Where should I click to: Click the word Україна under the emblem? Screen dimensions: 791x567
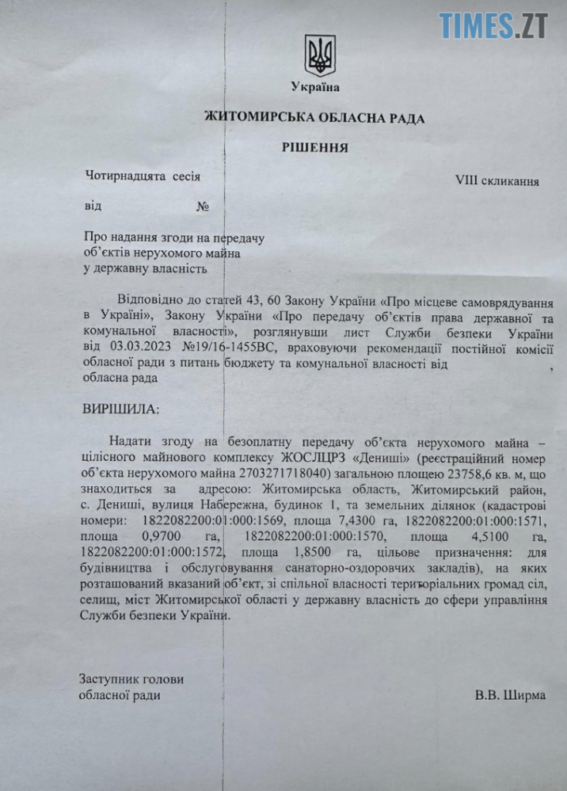click(x=315, y=87)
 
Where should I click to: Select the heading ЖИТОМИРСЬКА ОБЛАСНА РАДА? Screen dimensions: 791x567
click(x=314, y=117)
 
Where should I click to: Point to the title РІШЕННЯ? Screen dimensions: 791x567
click(x=314, y=147)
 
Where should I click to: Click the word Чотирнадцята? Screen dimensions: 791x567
click(x=126, y=177)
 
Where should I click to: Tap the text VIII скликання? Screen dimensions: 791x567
click(x=497, y=182)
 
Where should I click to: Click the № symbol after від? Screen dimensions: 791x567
click(x=204, y=207)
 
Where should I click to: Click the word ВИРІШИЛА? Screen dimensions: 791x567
click(x=118, y=408)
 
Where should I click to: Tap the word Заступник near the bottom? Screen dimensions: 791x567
click(x=110, y=680)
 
